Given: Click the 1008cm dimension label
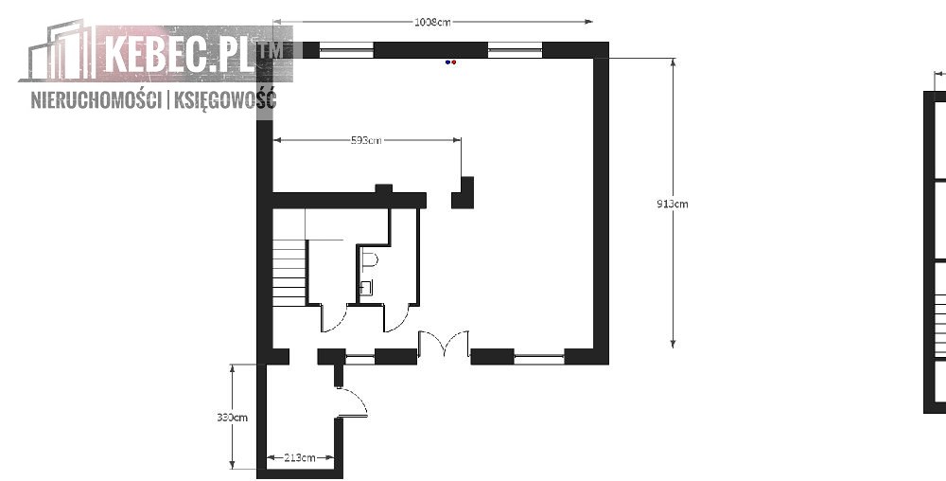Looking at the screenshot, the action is (432, 23).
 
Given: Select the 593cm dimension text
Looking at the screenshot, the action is (366, 141).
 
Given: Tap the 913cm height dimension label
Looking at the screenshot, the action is (672, 204).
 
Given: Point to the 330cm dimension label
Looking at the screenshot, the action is (233, 417).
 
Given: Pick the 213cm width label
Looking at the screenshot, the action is (300, 457).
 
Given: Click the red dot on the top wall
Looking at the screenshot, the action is (454, 62).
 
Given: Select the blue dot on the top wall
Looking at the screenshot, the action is (447, 62).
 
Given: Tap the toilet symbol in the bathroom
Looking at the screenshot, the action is (371, 260).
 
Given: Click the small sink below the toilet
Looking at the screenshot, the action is (366, 287).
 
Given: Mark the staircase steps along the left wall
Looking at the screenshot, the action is (289, 272).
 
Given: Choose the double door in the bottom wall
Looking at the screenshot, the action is (444, 344).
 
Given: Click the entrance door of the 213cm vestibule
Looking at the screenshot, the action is (352, 402).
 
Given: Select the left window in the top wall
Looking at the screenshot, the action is (346, 51).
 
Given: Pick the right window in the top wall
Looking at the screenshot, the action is (515, 51).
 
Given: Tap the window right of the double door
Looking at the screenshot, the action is (539, 358).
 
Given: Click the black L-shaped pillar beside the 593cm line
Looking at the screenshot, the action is (464, 193).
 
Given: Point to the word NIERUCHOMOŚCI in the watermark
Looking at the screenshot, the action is (96, 99).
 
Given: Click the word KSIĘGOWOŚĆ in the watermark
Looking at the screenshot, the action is (225, 99).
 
